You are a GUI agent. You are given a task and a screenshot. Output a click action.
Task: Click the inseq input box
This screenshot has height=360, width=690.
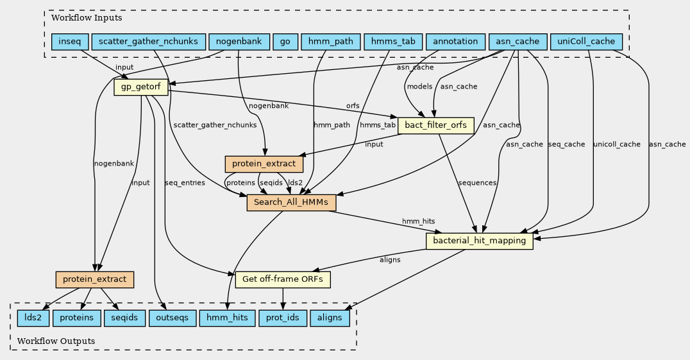click(70, 42)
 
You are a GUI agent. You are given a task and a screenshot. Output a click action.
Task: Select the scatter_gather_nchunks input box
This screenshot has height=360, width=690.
click(148, 42)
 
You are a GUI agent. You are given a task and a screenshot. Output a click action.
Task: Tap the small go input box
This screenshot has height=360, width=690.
click(285, 42)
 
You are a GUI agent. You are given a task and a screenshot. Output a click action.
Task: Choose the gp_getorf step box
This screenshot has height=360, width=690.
click(140, 87)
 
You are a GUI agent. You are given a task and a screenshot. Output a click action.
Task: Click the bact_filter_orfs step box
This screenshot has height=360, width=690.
click(436, 125)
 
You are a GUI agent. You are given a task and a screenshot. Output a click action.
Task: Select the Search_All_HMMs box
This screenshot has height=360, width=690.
click(291, 203)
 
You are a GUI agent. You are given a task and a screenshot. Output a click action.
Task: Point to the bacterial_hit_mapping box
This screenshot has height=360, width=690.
click(480, 241)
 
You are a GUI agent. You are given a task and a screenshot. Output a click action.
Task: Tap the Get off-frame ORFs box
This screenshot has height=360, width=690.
click(283, 280)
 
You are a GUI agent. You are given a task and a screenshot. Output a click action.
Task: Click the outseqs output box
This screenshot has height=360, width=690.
click(172, 318)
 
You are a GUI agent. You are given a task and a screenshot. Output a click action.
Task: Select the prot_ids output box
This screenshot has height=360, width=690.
click(283, 318)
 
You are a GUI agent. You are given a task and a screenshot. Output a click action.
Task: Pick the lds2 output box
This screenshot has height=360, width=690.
click(29, 318)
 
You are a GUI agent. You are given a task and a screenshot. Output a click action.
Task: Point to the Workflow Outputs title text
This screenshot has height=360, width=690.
click(56, 341)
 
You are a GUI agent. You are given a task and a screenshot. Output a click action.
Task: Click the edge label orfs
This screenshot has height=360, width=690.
click(353, 106)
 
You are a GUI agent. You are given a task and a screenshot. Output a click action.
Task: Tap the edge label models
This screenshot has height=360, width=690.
click(419, 86)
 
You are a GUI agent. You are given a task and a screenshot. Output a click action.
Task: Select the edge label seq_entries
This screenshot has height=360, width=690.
click(185, 183)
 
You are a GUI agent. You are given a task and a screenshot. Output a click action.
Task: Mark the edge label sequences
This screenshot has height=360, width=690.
click(477, 183)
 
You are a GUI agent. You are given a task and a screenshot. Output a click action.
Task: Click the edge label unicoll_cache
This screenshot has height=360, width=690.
click(617, 144)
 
